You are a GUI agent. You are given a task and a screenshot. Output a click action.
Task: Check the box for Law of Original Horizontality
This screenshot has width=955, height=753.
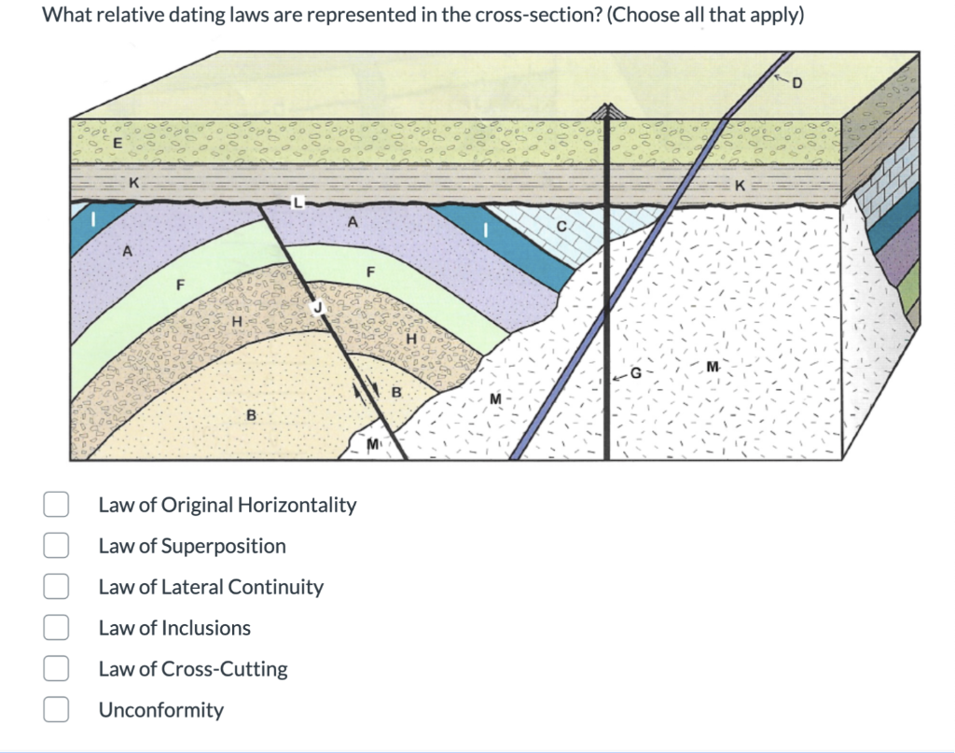pyautogui.click(x=56, y=505)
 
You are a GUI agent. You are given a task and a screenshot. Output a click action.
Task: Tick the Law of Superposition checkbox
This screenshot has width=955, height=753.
pyautogui.click(x=56, y=546)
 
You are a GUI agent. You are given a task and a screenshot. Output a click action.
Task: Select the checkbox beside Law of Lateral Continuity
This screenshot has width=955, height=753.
pyautogui.click(x=56, y=587)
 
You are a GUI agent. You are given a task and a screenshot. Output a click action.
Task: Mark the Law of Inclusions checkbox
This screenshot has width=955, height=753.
pyautogui.click(x=56, y=628)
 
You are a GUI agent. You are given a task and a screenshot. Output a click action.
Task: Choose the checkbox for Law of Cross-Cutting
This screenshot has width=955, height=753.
pyautogui.click(x=56, y=669)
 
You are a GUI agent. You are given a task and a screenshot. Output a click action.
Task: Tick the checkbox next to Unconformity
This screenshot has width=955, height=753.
pyautogui.click(x=56, y=710)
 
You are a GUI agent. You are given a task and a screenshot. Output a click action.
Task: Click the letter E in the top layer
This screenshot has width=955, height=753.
pyautogui.click(x=117, y=144)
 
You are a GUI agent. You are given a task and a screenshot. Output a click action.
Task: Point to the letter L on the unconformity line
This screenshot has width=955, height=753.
pyautogui.click(x=298, y=202)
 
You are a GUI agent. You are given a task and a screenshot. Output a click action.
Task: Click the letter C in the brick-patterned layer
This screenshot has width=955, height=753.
pyautogui.click(x=561, y=226)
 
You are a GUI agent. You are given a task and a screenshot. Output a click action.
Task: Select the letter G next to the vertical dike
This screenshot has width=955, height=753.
pyautogui.click(x=636, y=372)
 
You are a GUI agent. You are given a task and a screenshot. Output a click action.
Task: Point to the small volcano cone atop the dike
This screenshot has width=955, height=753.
pyautogui.click(x=607, y=111)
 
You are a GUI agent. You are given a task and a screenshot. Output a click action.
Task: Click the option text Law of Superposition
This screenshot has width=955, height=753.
pyautogui.click(x=192, y=546)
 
